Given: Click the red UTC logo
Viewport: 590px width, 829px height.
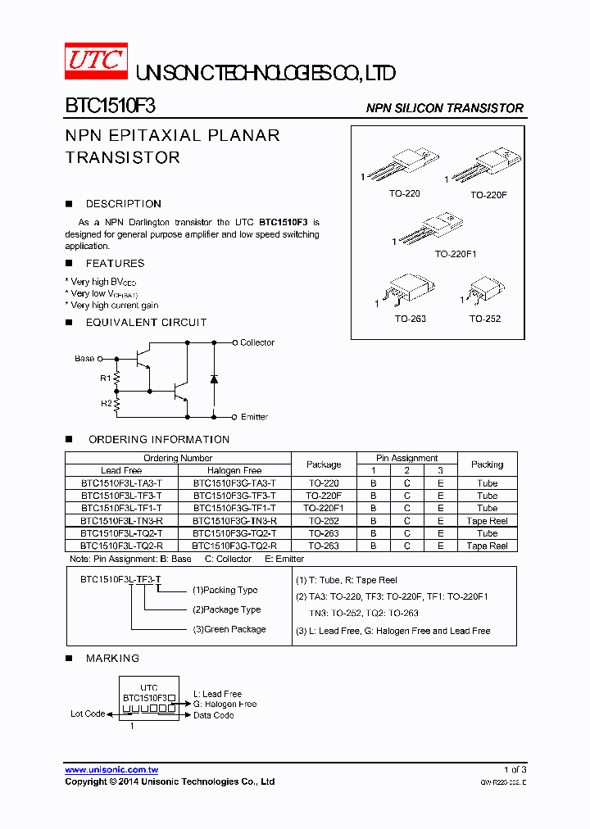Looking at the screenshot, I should pos(96,61).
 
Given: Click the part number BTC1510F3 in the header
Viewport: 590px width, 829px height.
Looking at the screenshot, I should pos(111,106).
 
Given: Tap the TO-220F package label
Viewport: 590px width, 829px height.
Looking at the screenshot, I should pos(488,196).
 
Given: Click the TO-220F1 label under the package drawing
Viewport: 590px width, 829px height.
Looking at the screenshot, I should pos(456,254).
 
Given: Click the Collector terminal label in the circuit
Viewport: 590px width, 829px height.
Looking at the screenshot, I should pos(257,342).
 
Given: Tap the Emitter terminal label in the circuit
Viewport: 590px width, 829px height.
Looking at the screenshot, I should pos(254,417).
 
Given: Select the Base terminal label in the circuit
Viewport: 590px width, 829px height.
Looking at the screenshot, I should pos(84,359).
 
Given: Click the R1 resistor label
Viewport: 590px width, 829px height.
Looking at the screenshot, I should pos(105,378).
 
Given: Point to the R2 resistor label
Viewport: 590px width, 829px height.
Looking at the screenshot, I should pos(105,403).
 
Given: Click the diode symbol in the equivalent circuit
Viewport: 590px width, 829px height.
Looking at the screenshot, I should pos(214,379).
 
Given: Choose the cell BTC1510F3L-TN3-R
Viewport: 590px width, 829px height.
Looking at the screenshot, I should pos(121,521).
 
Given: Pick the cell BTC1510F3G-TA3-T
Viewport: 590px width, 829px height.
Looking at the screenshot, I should pos(234,483).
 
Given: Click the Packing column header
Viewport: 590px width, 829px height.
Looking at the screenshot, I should pos(487,464).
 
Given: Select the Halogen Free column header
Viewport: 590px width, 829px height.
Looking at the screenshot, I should pos(234,470).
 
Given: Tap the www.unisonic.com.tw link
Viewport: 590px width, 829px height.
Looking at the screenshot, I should pos(111,770).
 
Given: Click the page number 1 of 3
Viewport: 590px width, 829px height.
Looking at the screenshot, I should pos(515,770).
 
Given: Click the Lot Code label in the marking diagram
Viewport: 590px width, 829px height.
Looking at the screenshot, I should pos(88,713).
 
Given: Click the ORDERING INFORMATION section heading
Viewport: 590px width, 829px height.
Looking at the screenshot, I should pos(159,440).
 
